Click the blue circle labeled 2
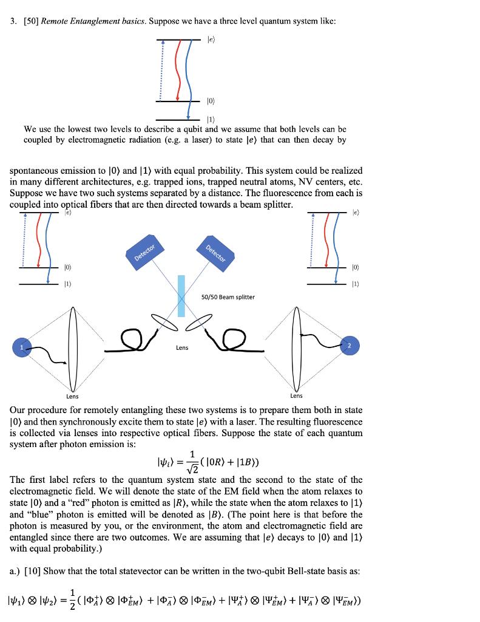point(349,344)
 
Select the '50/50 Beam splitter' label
point(228,297)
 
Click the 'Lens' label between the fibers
point(182,347)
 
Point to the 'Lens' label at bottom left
point(72,396)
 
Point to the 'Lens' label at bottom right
point(296,396)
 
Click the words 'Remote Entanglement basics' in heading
point(85,21)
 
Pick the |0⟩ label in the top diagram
point(211,101)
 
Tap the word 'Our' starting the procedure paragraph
point(18,411)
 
